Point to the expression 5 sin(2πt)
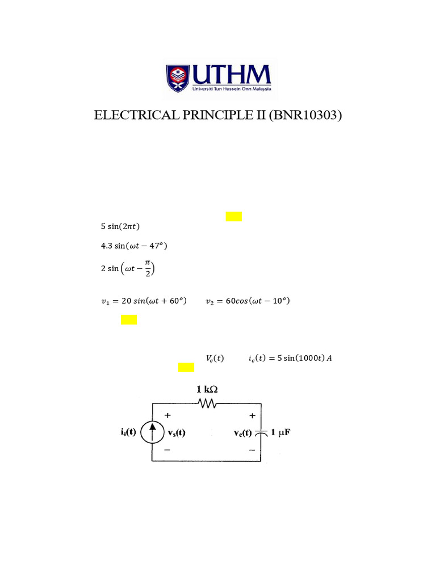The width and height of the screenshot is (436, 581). point(120,226)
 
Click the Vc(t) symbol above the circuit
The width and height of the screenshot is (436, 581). point(215,358)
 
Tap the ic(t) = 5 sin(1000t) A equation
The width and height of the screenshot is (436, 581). point(290,358)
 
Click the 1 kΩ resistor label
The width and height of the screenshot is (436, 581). point(207,389)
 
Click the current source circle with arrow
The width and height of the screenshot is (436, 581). point(151,432)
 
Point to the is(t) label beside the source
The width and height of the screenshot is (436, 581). point(128,432)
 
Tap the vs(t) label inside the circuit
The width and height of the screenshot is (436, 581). point(177,432)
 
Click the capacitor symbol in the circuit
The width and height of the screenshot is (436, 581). point(261,433)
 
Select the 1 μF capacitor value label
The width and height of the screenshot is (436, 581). point(280,432)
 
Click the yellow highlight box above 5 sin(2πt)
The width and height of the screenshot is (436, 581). point(233,216)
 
